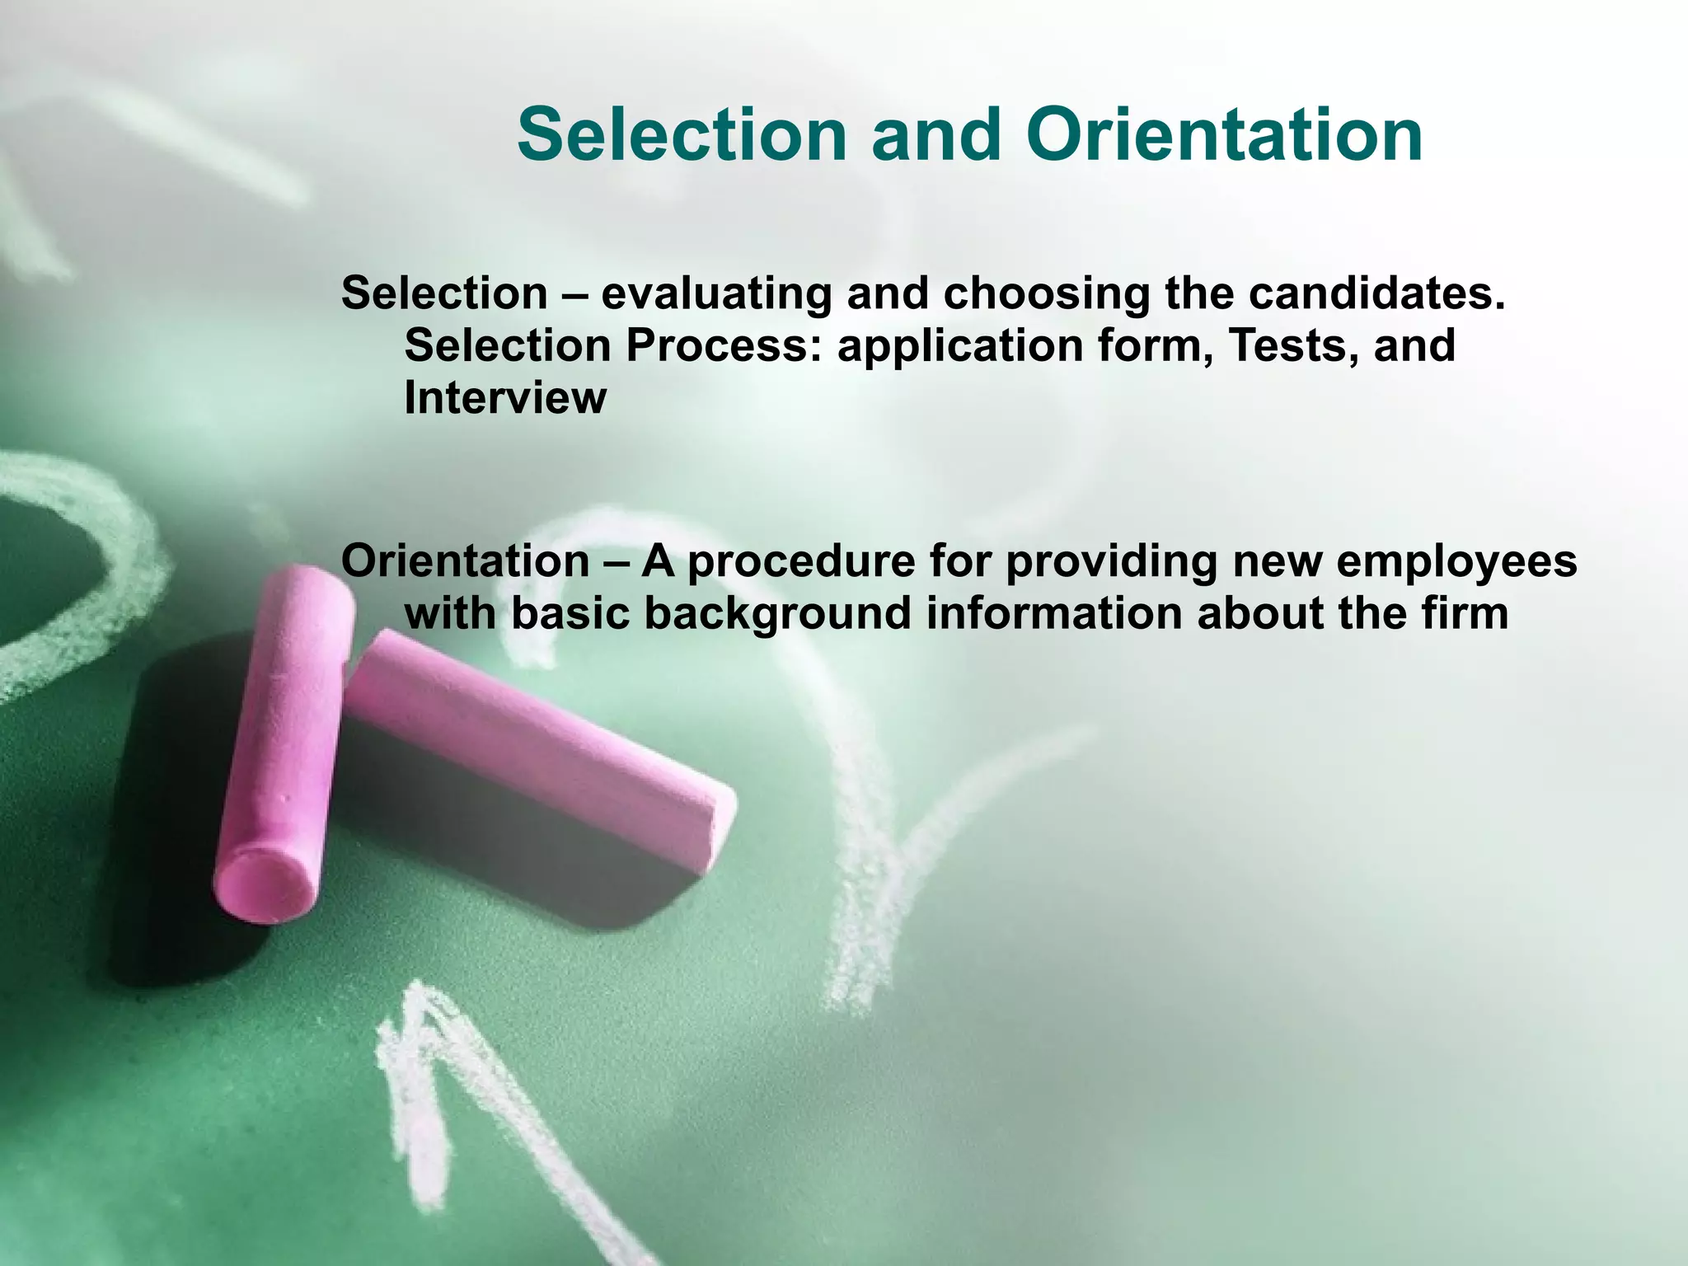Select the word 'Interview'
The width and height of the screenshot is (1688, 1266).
(505, 398)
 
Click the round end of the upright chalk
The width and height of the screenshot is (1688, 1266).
(265, 887)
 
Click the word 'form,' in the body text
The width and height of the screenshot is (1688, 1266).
(1153, 346)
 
